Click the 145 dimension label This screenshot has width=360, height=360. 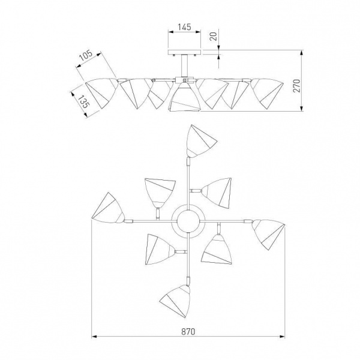point(185,27)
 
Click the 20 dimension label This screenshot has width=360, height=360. point(214,37)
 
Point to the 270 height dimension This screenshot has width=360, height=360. point(298,85)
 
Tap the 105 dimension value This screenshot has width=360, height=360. point(86,56)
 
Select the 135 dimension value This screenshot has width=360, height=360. point(83,101)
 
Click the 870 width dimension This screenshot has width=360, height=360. point(188,332)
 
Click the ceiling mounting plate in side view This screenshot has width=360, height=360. point(185,52)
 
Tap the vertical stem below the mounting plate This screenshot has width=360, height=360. point(185,65)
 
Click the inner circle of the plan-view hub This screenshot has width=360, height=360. point(188,221)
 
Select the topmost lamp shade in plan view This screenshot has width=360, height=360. point(200,142)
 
